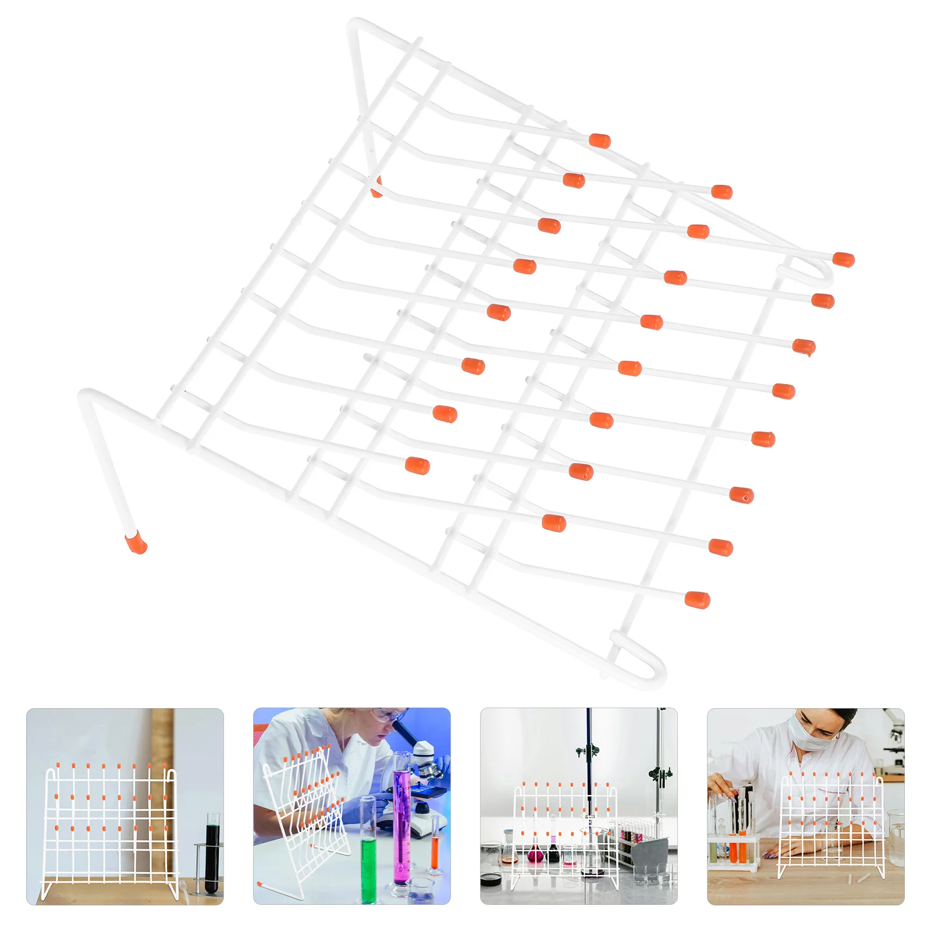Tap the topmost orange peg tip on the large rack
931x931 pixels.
pyautogui.click(x=599, y=141)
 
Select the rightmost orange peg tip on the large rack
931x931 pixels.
pyautogui.click(x=843, y=260)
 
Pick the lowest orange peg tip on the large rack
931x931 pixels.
pyautogui.click(x=697, y=599)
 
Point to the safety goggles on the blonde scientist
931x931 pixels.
pyautogui.click(x=387, y=716)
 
